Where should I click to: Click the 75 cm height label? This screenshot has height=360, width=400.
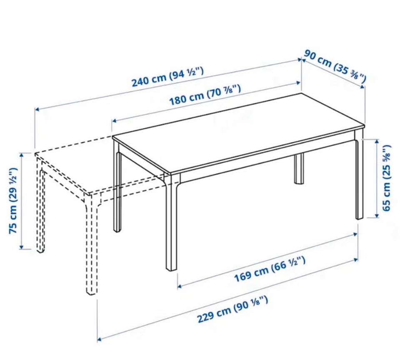pos(13,201)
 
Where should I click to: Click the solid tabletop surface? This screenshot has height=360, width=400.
pos(239,132)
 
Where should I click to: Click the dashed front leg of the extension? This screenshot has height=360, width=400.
pos(91,245)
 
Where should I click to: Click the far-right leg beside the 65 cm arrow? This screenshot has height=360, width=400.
pos(359,179)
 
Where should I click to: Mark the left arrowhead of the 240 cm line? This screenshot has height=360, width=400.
pos(37,109)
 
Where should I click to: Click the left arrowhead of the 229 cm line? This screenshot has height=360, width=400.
pos(100,339)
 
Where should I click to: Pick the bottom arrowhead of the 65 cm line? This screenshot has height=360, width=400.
pos(377,216)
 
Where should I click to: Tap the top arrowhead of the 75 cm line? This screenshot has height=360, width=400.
pos(21,154)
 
